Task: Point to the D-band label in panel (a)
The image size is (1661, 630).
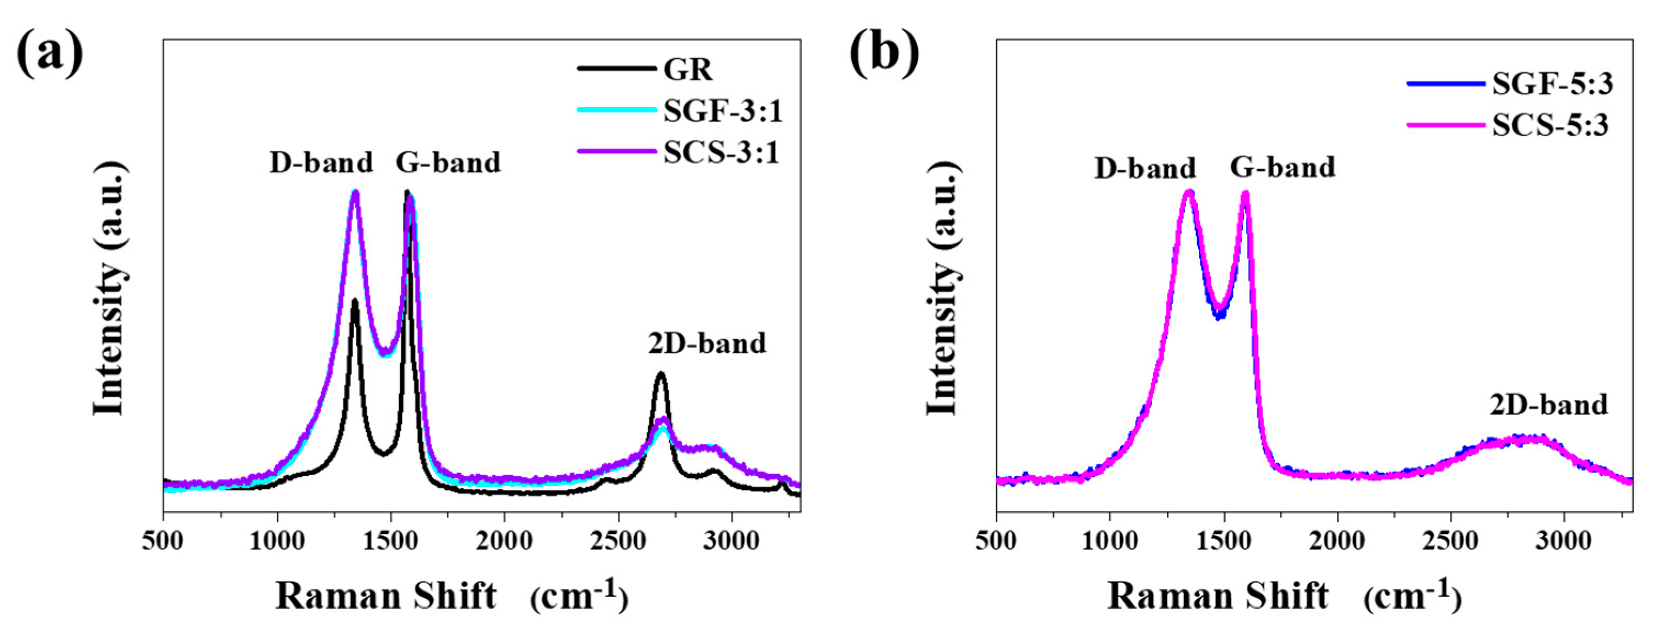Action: (321, 162)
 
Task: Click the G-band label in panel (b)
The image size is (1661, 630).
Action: (1282, 167)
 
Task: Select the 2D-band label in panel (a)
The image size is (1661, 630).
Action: (707, 344)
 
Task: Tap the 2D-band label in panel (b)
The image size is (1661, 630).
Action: (1548, 405)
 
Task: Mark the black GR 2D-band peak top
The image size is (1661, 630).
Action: (660, 374)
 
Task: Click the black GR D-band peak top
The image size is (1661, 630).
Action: (354, 300)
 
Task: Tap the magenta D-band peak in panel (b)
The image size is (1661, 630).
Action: (1188, 192)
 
